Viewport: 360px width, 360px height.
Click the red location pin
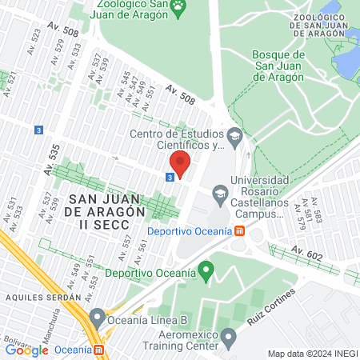pyautogui.click(x=179, y=164)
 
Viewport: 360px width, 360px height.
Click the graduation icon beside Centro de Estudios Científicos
pyautogui.click(x=234, y=135)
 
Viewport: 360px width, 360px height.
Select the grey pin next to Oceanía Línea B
pyautogui.click(x=97, y=317)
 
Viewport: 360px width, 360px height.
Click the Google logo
pyautogui.click(x=26, y=350)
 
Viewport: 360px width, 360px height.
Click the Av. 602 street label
pyautogui.click(x=306, y=253)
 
